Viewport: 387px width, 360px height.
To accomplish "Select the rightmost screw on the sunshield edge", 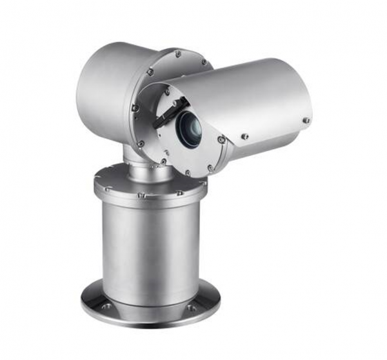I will [x=306, y=120].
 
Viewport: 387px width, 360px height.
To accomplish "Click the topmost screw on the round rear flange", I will [x=177, y=52].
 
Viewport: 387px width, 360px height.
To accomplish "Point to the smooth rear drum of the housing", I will [x=103, y=90].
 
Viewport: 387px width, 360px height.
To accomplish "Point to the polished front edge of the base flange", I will [x=148, y=319].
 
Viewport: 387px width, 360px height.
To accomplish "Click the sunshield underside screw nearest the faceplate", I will [x=244, y=136].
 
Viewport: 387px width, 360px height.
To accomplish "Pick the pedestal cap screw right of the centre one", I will [x=180, y=192].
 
